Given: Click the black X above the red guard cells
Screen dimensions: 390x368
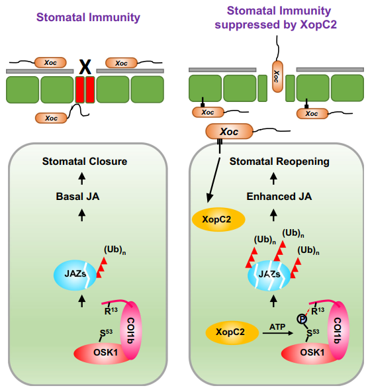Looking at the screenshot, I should (85, 66).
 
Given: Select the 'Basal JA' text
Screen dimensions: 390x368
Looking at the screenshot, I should (83, 197).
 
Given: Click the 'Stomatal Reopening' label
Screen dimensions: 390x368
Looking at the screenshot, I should (279, 161).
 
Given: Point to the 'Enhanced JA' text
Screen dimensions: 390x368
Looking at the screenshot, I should (279, 197).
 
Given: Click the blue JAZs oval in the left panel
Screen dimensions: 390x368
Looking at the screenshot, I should (73, 273).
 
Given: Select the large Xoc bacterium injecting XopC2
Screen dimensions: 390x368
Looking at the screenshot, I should (228, 131).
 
